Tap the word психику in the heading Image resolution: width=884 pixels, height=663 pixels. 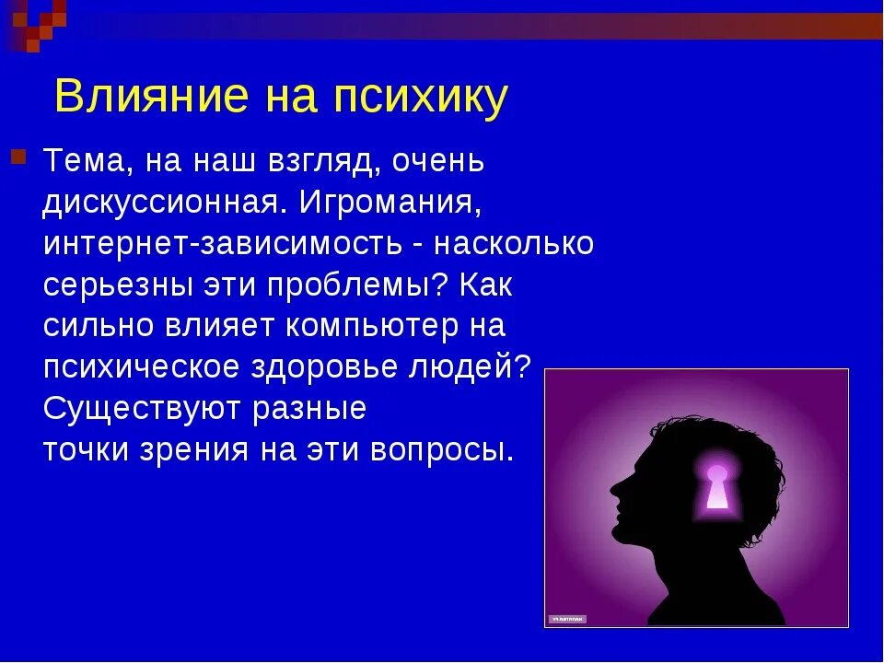(x=421, y=98)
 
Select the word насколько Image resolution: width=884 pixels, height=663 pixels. (x=514, y=244)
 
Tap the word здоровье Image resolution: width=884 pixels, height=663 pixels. (x=326, y=367)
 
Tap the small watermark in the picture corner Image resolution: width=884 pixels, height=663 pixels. (x=567, y=618)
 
